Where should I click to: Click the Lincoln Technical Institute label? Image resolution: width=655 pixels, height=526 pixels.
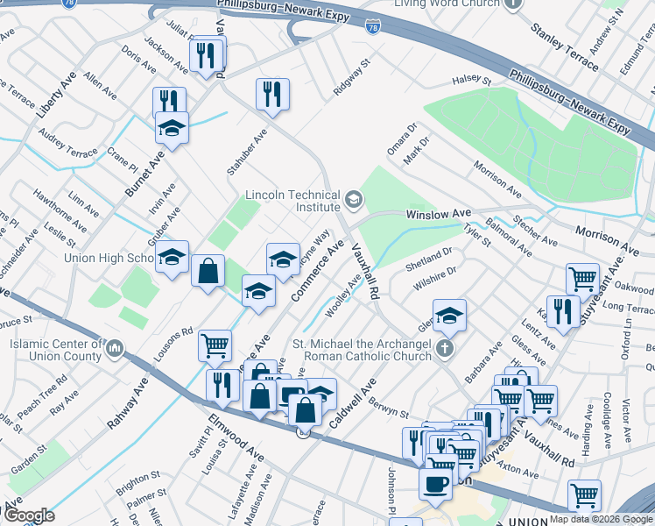(x=292, y=201)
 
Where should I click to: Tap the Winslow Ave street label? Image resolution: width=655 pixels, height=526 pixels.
(x=438, y=214)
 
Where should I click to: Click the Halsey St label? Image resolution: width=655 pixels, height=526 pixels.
(x=468, y=81)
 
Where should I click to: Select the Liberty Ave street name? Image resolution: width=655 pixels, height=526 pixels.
(x=52, y=97)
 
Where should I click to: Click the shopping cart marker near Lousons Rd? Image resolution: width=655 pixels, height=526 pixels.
(x=215, y=345)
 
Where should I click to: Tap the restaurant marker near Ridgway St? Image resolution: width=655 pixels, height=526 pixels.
(x=272, y=93)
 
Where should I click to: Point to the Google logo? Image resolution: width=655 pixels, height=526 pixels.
(x=29, y=515)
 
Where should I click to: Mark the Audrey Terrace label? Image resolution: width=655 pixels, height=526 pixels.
(x=69, y=139)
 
